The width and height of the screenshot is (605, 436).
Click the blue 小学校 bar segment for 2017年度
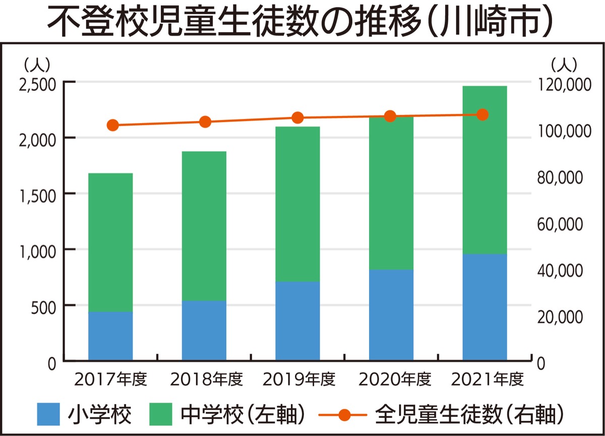point(110,336)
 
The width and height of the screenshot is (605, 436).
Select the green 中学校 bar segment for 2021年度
point(485,170)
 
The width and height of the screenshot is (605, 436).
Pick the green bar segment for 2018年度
point(204,226)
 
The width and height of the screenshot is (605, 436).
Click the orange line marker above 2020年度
point(390,117)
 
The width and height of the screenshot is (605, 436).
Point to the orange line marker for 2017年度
point(113,125)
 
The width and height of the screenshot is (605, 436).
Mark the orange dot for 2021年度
point(482,115)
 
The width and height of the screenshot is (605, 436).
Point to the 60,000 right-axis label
point(560,224)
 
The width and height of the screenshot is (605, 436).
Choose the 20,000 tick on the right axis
point(560,317)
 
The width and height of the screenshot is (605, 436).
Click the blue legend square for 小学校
point(48,415)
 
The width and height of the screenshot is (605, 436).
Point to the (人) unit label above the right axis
point(564,64)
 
